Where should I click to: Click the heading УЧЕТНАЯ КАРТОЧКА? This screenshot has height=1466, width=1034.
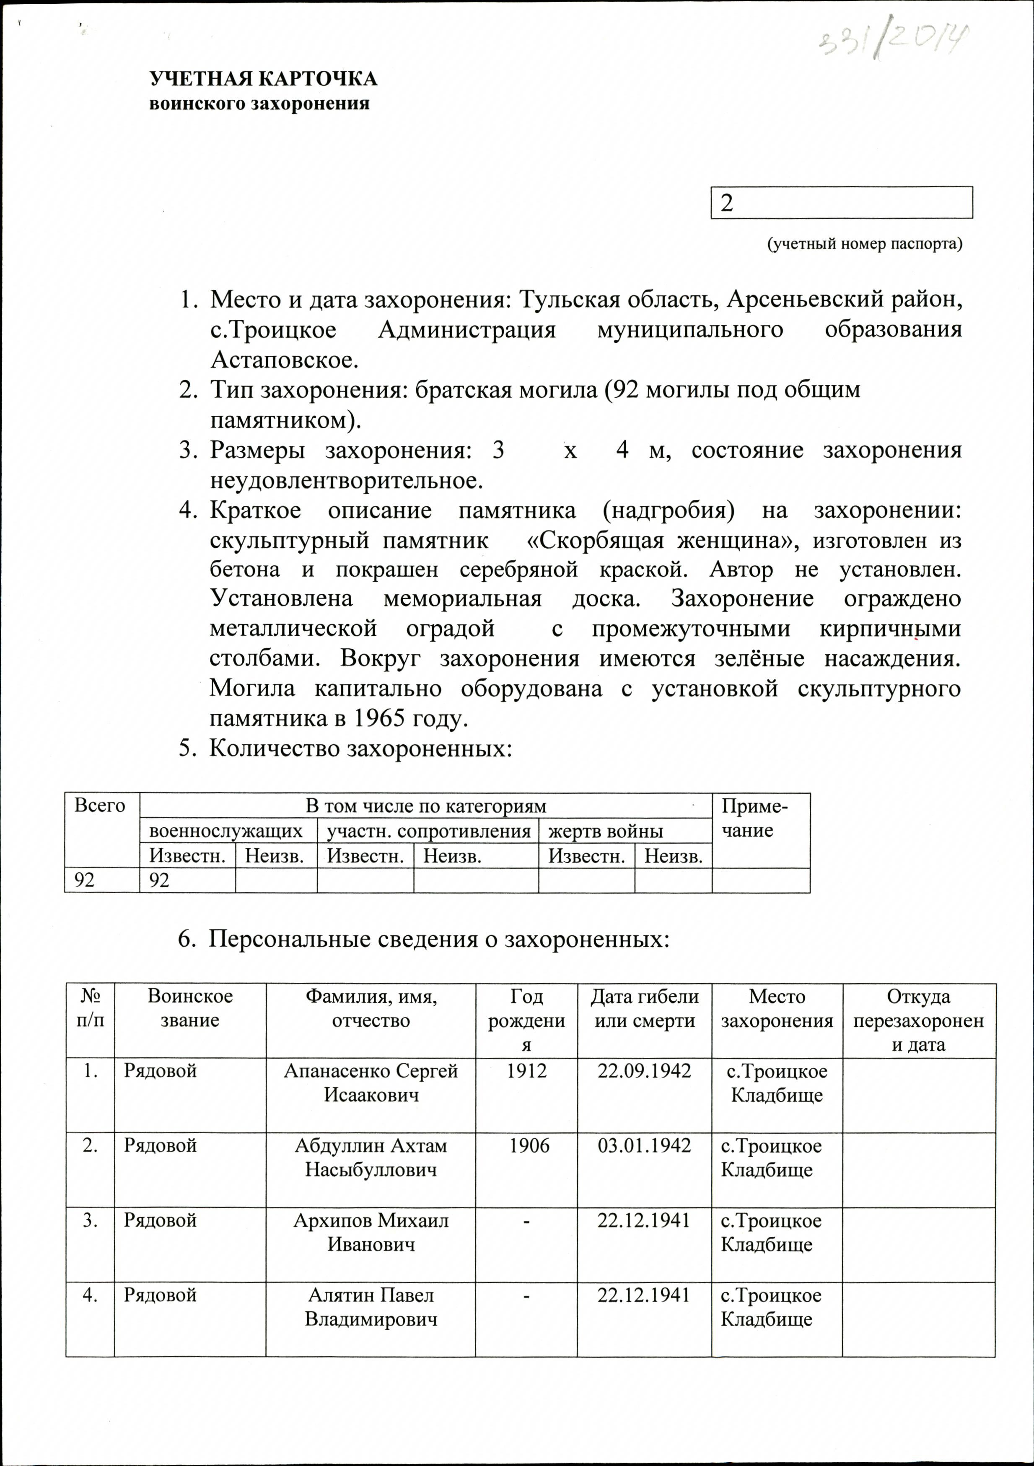[x=263, y=79]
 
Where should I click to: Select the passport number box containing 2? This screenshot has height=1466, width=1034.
[x=841, y=203]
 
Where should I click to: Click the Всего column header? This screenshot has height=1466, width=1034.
[x=100, y=806]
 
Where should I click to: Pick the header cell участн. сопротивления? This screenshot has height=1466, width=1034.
[x=428, y=831]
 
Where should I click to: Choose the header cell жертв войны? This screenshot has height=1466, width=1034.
[x=606, y=831]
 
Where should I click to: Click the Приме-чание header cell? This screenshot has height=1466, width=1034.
[x=754, y=818]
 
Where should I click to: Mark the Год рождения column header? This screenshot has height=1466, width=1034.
[x=526, y=1021]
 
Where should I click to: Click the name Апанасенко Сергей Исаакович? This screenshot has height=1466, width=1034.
[x=371, y=1083]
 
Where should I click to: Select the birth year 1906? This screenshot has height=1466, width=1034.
[x=529, y=1145]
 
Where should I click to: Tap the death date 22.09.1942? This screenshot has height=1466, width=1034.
[x=644, y=1071]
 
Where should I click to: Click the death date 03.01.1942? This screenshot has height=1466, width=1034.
[x=644, y=1145]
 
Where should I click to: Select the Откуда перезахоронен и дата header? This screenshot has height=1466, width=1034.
[x=918, y=1021]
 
